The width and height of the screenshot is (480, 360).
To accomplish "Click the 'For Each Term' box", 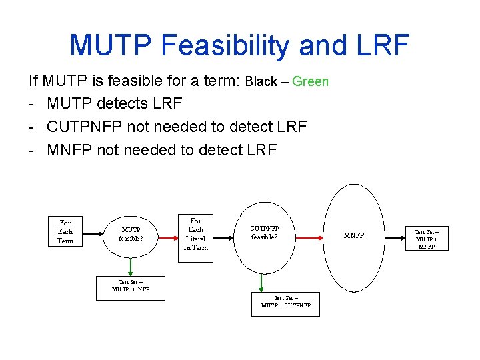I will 65,231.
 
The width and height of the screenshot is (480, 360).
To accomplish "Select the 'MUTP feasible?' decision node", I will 131,234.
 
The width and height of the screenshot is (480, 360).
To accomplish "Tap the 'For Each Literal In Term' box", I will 196,234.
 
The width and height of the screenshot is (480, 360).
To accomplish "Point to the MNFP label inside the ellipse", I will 354,236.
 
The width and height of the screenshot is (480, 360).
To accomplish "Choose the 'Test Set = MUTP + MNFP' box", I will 427,238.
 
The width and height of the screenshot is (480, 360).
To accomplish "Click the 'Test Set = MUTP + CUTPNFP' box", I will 285,304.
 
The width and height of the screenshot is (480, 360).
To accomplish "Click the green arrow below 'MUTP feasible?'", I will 131,267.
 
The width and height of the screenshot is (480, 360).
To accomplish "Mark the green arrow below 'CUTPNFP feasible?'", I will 265,283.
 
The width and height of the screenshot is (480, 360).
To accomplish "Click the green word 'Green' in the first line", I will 311,81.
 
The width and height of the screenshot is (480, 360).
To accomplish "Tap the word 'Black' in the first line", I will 261,81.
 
